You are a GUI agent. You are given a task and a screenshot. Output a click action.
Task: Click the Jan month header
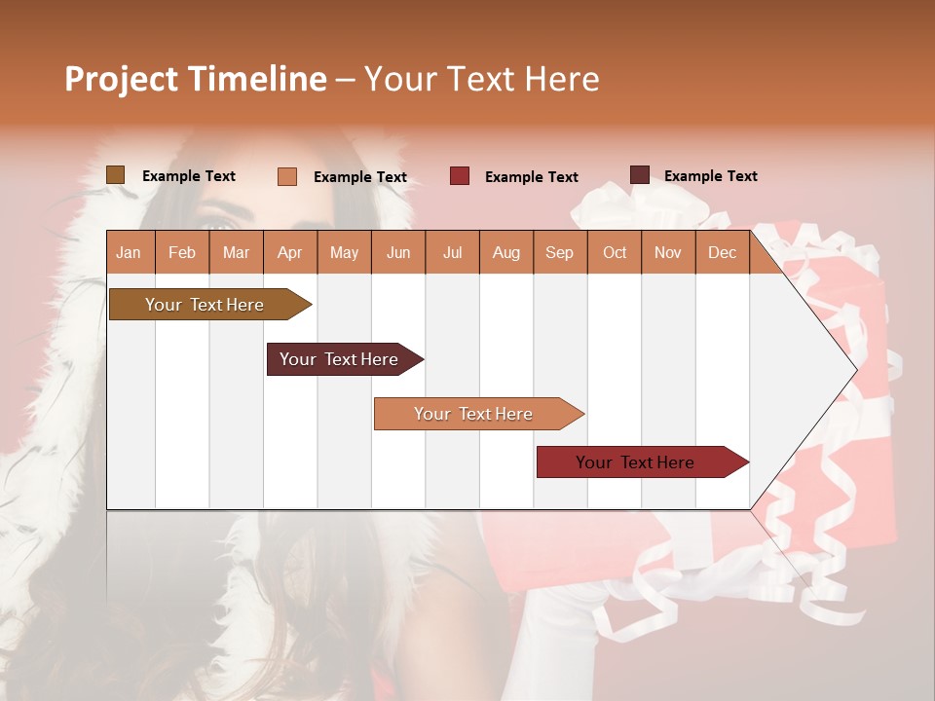tap(129, 253)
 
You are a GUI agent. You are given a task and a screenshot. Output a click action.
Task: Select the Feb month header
tap(182, 253)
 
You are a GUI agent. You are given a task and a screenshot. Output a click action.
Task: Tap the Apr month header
tap(289, 253)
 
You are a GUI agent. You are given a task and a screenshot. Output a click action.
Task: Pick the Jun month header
tap(398, 253)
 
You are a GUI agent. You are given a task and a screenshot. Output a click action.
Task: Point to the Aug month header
tap(505, 253)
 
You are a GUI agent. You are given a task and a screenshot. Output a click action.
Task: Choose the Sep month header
tap(559, 253)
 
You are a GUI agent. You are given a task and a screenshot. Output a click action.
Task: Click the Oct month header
tap(615, 253)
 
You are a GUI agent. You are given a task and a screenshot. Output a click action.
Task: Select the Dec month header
tap(722, 253)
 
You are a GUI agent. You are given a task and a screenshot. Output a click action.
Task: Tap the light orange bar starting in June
tap(474, 414)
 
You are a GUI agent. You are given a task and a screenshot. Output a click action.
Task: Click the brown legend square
tap(115, 175)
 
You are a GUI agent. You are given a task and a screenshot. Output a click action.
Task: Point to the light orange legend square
tap(286, 176)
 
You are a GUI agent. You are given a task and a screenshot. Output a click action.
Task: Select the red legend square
tap(459, 176)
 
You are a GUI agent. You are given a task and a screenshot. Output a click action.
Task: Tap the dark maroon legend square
tap(639, 175)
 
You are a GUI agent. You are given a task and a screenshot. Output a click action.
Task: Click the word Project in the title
tap(121, 79)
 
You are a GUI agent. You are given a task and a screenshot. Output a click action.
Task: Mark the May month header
tap(344, 253)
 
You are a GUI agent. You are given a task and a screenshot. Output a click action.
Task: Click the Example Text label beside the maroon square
tap(710, 176)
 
